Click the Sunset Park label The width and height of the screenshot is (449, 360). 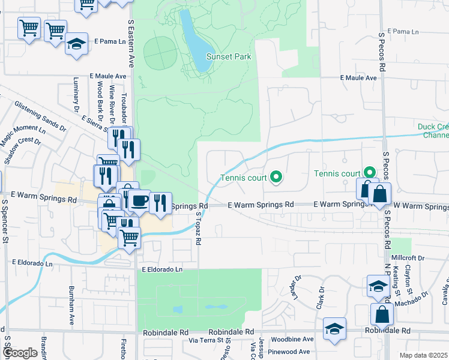click(x=228, y=57)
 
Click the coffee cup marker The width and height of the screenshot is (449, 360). click(x=139, y=200)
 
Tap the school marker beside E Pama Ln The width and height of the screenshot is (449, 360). click(x=76, y=44)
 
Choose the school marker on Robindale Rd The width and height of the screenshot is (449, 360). click(x=334, y=329)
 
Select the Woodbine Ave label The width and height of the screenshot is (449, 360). click(x=292, y=340)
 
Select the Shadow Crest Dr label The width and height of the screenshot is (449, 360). click(x=22, y=151)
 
